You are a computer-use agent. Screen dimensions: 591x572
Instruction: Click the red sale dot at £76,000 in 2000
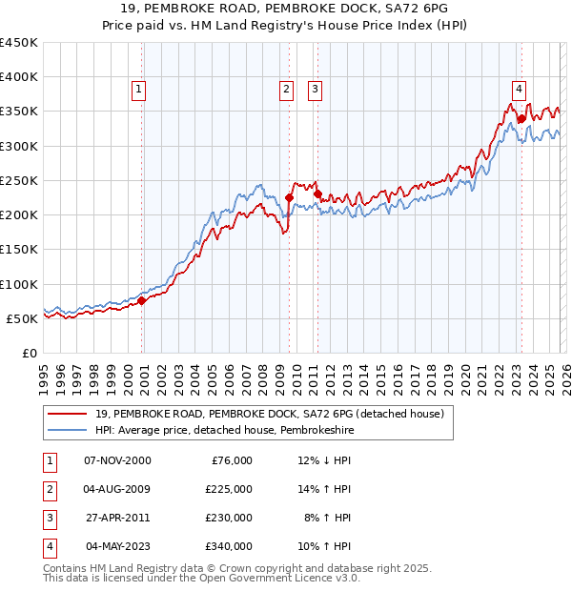tap(142, 300)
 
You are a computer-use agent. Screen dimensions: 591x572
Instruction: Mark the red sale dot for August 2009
tap(289, 198)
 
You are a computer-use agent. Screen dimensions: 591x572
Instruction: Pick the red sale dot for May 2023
tap(521, 118)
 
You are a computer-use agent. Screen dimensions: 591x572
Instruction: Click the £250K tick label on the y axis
tap(19, 180)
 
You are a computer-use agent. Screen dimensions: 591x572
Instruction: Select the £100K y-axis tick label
tap(19, 284)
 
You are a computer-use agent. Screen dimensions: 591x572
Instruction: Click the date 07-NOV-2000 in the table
tap(117, 460)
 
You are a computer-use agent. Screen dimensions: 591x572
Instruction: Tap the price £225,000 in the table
tap(229, 489)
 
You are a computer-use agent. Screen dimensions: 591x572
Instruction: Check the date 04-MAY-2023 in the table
tap(117, 547)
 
